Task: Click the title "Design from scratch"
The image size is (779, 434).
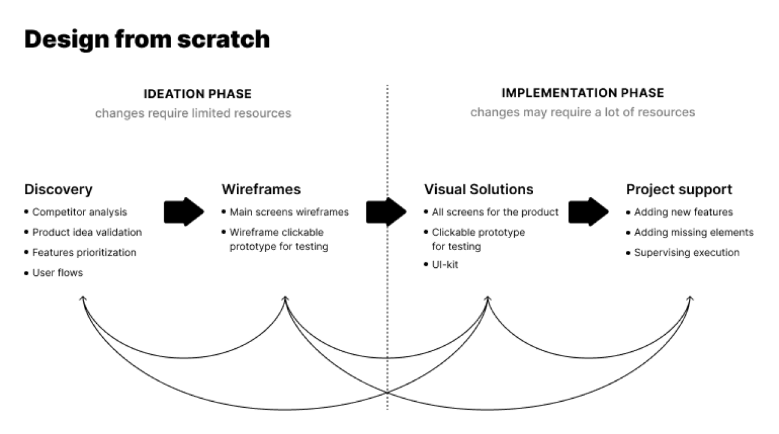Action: pyautogui.click(x=147, y=39)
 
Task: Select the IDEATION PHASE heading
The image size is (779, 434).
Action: pyautogui.click(x=197, y=94)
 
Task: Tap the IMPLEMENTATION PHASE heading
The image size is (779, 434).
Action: pyautogui.click(x=582, y=93)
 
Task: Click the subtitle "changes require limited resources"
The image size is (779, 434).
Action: pyautogui.click(x=193, y=113)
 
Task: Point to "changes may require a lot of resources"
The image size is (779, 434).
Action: pyautogui.click(x=582, y=113)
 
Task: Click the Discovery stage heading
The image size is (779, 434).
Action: pyautogui.click(x=58, y=189)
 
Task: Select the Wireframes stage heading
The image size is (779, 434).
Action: pyautogui.click(x=261, y=189)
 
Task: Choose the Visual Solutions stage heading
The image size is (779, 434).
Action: pyautogui.click(x=478, y=189)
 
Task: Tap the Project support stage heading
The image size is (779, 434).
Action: pyautogui.click(x=679, y=189)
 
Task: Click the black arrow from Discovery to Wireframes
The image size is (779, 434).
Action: pyautogui.click(x=184, y=212)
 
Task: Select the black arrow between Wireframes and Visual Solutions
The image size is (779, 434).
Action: pyautogui.click(x=386, y=212)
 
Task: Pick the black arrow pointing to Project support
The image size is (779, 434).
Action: pyautogui.click(x=589, y=212)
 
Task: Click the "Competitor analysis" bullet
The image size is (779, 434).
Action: pyautogui.click(x=80, y=212)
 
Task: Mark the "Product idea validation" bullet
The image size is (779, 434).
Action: pyautogui.click(x=87, y=232)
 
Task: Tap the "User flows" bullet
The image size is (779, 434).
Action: pyautogui.click(x=57, y=273)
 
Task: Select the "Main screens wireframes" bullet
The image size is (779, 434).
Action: pyautogui.click(x=289, y=212)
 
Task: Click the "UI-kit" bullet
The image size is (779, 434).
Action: pyautogui.click(x=445, y=265)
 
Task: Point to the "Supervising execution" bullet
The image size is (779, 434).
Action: pyautogui.click(x=686, y=252)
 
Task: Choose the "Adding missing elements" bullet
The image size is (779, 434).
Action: pyautogui.click(x=694, y=232)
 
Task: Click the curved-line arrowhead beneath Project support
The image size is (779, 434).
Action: pyautogui.click(x=690, y=299)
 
